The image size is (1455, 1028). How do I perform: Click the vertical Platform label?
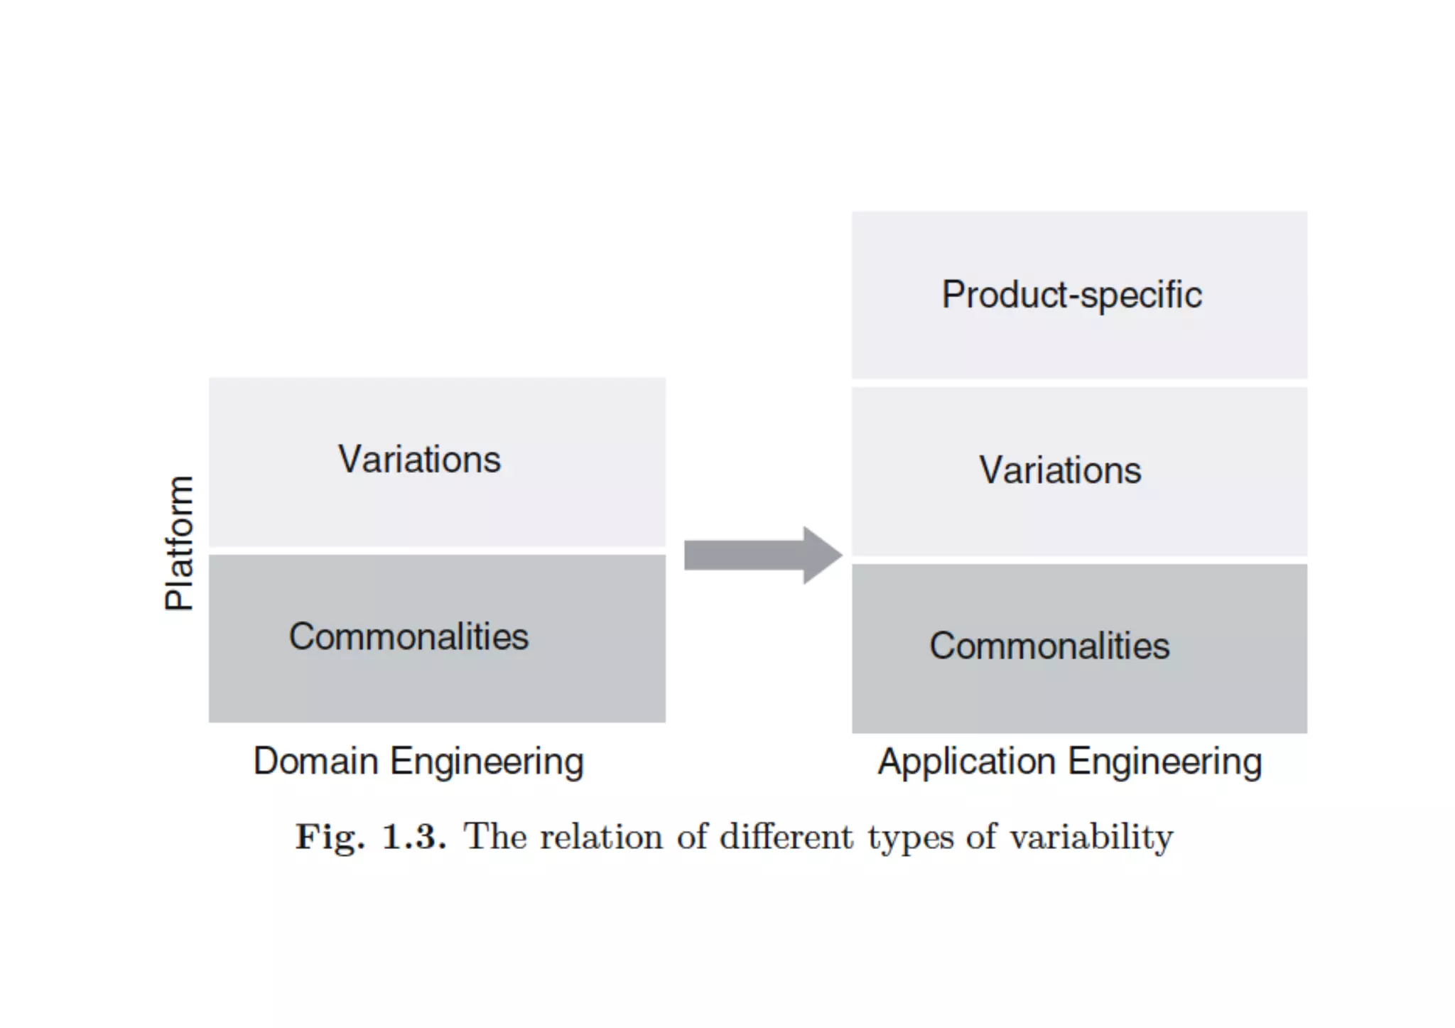179,543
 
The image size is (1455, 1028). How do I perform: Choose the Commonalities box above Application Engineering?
1079,682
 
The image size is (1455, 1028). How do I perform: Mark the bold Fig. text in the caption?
330,837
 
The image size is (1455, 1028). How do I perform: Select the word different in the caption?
786,836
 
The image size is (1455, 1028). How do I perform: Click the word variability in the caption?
1091,837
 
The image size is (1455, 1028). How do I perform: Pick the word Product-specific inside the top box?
1071,295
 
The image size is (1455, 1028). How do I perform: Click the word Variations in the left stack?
419,459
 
